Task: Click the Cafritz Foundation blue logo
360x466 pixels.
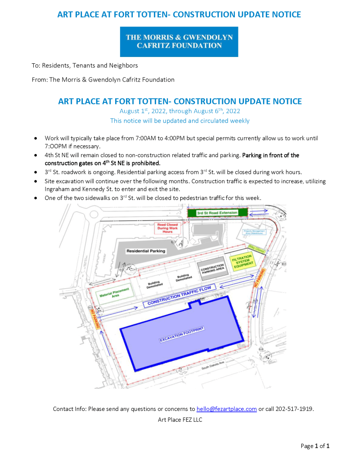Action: [179, 41]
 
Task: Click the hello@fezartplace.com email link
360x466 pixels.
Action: [227, 409]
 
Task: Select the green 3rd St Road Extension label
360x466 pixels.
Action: [217, 213]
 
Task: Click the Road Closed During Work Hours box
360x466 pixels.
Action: [167, 228]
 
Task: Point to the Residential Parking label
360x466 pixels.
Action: [146, 251]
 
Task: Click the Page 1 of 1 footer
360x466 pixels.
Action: [314, 446]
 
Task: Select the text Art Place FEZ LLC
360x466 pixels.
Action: [180, 420]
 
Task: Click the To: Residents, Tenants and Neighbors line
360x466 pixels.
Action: [85, 66]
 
